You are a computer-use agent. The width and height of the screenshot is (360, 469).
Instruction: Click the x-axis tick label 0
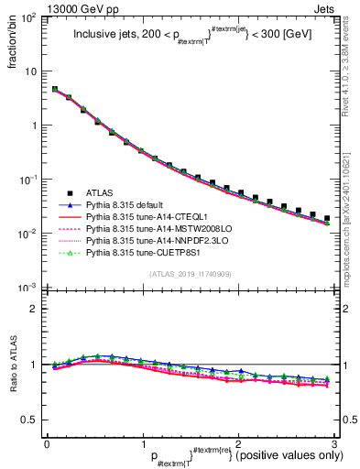tap(47, 442)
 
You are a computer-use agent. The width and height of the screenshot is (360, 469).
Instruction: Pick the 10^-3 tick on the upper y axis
tap(30, 288)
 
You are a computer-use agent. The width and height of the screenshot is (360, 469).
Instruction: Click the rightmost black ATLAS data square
tap(327, 218)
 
